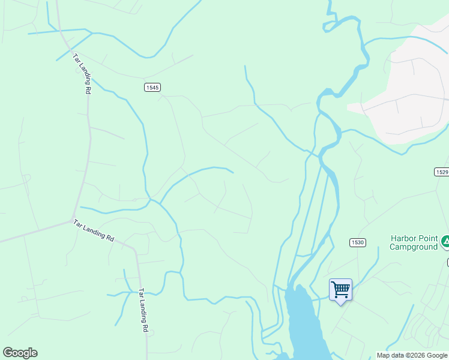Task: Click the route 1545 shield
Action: [x=152, y=88]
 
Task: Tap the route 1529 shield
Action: [x=441, y=172]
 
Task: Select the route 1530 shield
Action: [x=358, y=242]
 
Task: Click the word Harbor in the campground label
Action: [x=403, y=238]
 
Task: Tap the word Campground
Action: [x=414, y=246]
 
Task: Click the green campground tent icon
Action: [x=446, y=242]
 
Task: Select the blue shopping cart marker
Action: [x=340, y=289]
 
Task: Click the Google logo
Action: [x=20, y=353]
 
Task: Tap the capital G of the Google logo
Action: [x=8, y=353]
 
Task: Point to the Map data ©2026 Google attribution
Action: [x=412, y=355]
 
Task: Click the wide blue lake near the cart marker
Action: [x=303, y=324]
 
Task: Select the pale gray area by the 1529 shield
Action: [x=408, y=96]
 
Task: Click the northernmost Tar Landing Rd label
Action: [x=82, y=73]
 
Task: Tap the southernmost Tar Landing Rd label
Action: [x=143, y=310]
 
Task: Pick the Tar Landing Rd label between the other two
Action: [x=94, y=230]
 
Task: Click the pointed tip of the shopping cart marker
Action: [x=341, y=304]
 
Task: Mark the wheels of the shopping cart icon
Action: [x=342, y=296]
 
